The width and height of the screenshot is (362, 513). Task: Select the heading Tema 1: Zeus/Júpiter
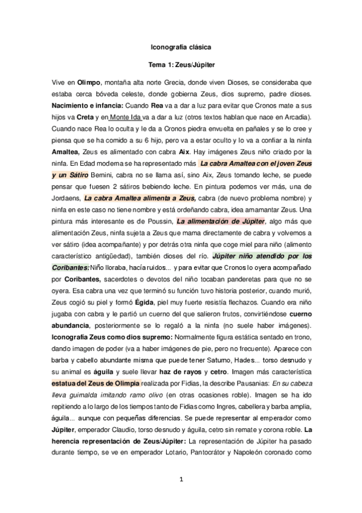pos(181,63)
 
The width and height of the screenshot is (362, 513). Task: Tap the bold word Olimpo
pos(89,81)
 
